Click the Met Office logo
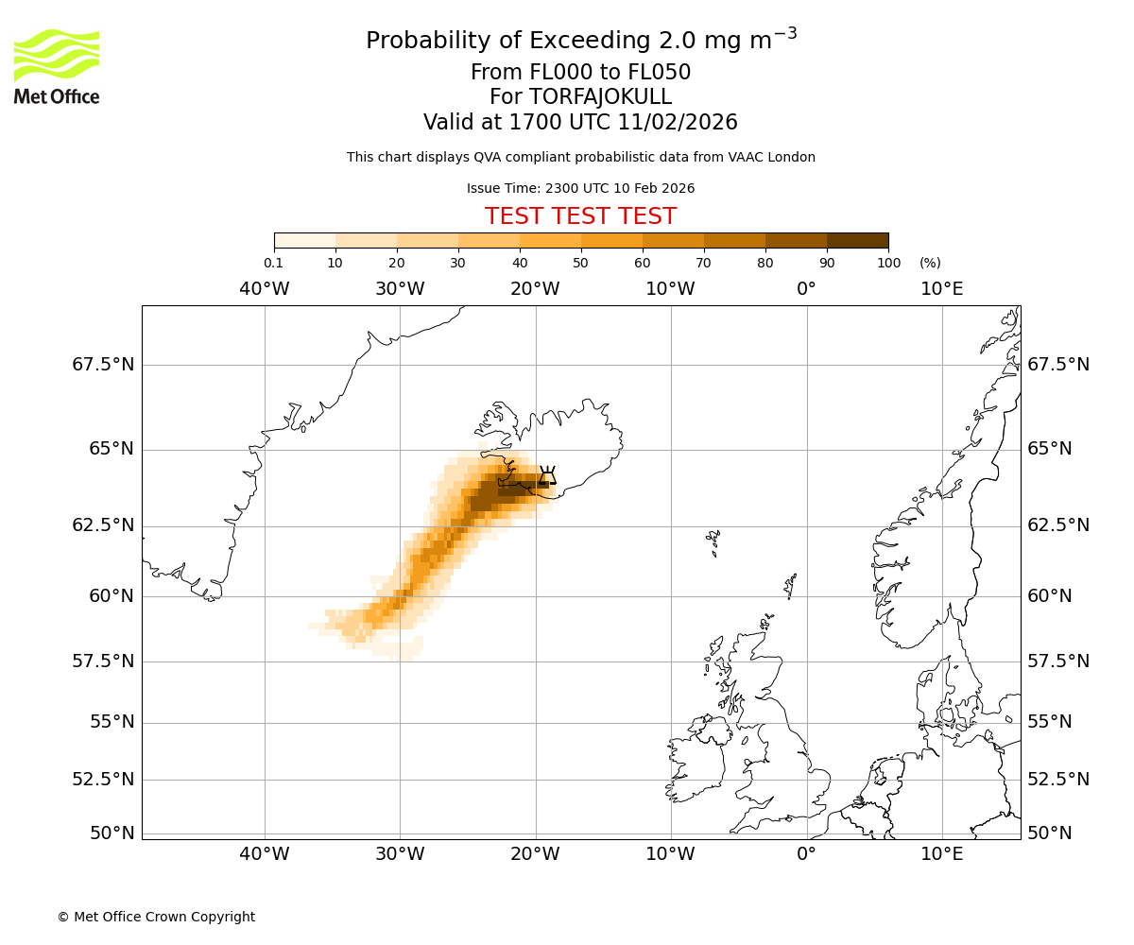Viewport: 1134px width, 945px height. pyautogui.click(x=57, y=66)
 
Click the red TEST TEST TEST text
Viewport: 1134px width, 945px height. pyautogui.click(x=580, y=216)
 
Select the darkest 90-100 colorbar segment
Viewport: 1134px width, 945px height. pyautogui.click(x=857, y=240)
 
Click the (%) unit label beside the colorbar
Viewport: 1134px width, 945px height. pyautogui.click(x=930, y=263)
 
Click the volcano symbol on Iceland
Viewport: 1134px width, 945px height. pyautogui.click(x=547, y=474)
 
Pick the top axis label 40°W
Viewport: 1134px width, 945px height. pyautogui.click(x=264, y=288)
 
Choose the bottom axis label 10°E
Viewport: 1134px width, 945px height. pyautogui.click(x=941, y=855)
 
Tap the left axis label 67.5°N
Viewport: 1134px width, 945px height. pyautogui.click(x=103, y=365)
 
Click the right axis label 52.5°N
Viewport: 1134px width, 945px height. pyautogui.click(x=1058, y=780)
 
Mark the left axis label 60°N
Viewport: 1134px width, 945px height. pyautogui.click(x=112, y=596)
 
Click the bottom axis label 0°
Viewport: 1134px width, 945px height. pyautogui.click(x=806, y=855)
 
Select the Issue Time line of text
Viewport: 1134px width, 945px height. pyautogui.click(x=580, y=188)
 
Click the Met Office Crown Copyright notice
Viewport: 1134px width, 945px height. pyautogui.click(x=156, y=917)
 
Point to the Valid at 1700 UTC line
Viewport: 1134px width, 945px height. pyautogui.click(x=580, y=122)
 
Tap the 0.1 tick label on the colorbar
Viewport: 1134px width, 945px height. pyautogui.click(x=273, y=263)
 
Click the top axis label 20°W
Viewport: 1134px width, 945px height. pyautogui.click(x=535, y=288)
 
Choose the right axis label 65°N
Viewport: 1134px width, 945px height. pyautogui.click(x=1050, y=449)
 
